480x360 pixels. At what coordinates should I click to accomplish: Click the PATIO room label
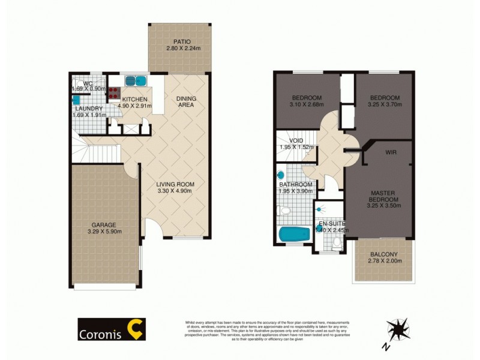(179, 41)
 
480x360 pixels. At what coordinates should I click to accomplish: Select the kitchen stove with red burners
(113, 93)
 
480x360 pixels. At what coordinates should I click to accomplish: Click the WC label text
(86, 83)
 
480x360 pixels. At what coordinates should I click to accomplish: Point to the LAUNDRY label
(89, 109)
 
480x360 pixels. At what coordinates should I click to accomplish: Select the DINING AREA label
(186, 102)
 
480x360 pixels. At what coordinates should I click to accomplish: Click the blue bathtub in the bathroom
(295, 233)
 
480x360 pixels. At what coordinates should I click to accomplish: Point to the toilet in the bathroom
(284, 211)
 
